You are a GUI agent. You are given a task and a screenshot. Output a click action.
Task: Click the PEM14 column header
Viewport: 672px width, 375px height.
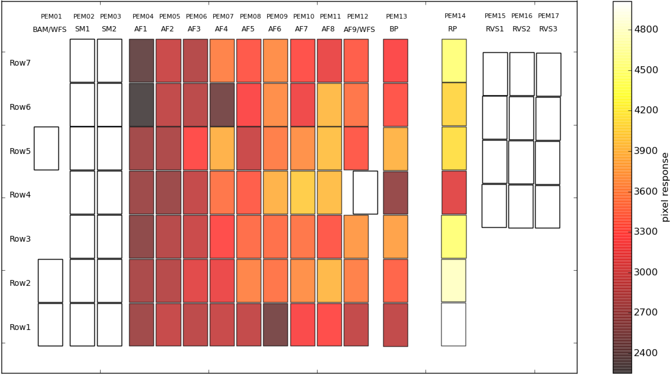455,16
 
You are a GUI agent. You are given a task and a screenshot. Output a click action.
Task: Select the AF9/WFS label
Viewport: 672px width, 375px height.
359,29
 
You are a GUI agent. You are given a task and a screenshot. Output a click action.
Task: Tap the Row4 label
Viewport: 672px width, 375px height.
20,195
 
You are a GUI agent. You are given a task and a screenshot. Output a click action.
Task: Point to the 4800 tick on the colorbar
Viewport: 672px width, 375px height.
646,29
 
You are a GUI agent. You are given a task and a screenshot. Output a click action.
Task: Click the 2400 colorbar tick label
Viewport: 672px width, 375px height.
646,353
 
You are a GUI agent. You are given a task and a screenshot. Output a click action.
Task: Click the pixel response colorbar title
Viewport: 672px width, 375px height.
665,187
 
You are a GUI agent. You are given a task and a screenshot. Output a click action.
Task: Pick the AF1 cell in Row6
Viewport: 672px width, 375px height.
142,105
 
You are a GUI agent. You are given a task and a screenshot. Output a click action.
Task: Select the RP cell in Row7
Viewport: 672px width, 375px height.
454,61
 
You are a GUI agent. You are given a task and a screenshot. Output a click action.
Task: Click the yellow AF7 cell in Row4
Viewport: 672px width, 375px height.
303,193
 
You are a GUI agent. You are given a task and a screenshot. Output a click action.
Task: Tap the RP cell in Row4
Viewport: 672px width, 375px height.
454,193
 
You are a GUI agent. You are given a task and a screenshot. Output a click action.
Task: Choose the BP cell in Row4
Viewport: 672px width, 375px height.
395,193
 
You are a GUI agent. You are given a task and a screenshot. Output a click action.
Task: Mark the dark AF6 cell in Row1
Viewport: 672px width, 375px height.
275,325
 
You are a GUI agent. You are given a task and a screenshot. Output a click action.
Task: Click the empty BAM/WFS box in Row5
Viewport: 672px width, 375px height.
46,148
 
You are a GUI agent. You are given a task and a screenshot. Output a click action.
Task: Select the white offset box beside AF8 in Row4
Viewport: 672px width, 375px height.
365,193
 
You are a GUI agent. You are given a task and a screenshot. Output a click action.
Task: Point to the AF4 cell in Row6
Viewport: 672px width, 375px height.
222,105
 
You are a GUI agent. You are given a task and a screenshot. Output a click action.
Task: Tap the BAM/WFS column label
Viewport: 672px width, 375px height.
49,30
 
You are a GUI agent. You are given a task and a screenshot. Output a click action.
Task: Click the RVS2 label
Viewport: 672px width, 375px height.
521,29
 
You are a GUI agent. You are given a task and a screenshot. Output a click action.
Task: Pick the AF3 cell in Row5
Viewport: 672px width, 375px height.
195,148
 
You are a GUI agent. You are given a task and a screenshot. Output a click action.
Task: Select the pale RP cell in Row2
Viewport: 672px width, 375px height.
454,281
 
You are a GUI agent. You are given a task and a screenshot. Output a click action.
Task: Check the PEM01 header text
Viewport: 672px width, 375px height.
51,17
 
